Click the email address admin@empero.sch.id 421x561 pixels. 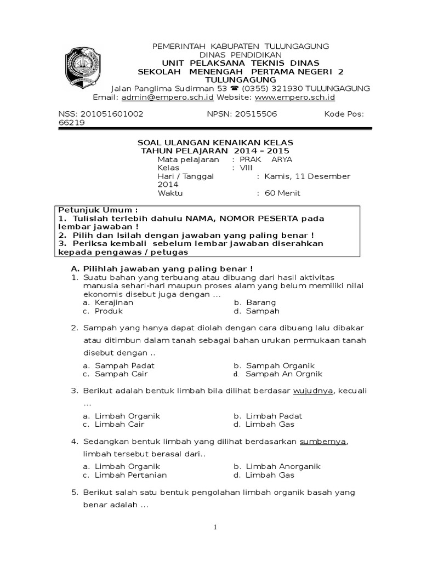(x=168, y=98)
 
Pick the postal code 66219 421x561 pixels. (x=71, y=123)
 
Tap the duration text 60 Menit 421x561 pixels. (x=282, y=193)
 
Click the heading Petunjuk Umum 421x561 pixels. (x=98, y=210)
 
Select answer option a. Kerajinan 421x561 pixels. (x=109, y=302)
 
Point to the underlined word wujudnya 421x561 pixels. (x=313, y=391)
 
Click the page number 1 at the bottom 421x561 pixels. (x=215, y=528)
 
